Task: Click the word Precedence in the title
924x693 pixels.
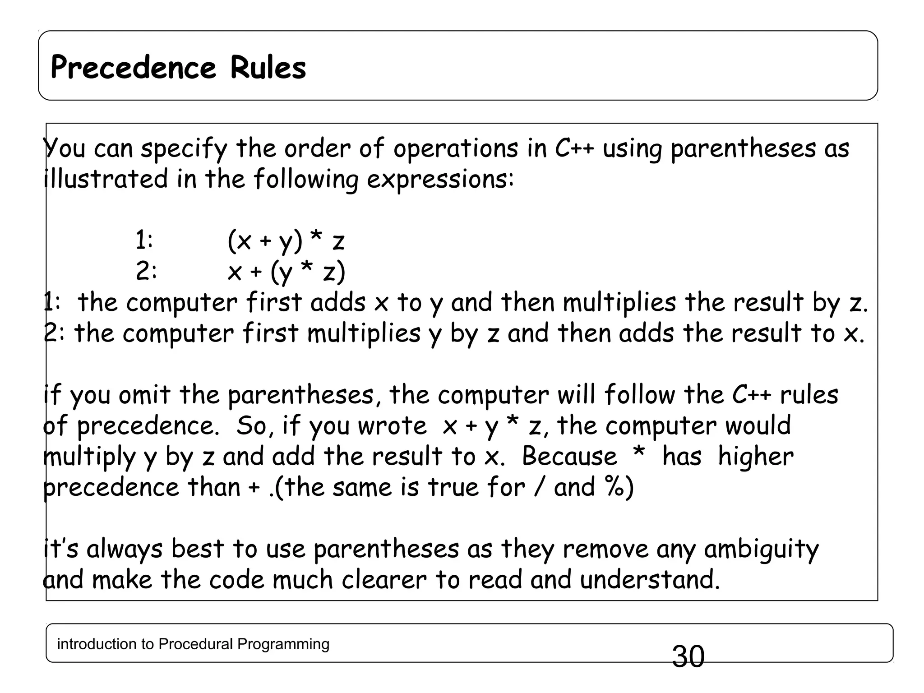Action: click(x=134, y=68)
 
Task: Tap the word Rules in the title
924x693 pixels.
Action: click(x=268, y=68)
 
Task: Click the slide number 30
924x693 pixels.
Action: click(x=688, y=656)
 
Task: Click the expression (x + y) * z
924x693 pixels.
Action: click(x=286, y=240)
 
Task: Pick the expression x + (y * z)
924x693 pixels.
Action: click(x=286, y=272)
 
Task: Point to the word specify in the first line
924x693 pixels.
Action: click(x=184, y=149)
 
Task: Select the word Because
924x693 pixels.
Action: click(x=569, y=456)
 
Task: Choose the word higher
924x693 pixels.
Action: click(x=755, y=457)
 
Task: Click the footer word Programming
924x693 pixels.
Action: click(x=283, y=644)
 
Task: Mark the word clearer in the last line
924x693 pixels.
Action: click(x=384, y=580)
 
